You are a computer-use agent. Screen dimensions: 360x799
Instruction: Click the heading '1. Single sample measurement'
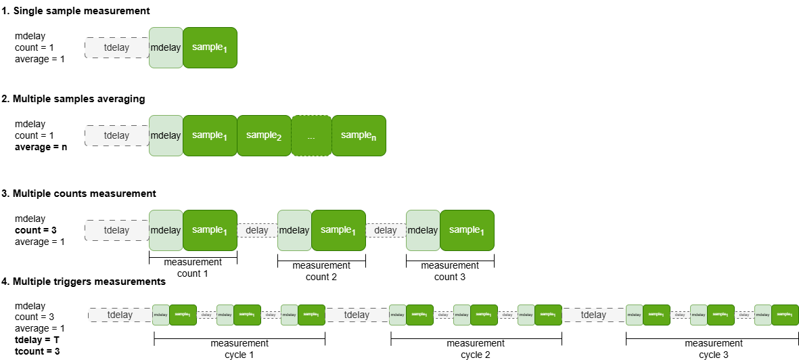tap(76, 12)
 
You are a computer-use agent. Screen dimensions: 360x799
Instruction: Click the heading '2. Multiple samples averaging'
tap(73, 99)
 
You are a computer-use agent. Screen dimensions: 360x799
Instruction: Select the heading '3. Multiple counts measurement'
tap(78, 194)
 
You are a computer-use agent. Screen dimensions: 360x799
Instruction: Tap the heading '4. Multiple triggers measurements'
tap(83, 281)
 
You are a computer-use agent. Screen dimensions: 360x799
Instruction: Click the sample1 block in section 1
tap(210, 47)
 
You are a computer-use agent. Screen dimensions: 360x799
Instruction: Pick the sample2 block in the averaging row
tap(264, 135)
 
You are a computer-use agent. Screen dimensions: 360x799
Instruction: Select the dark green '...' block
tap(311, 136)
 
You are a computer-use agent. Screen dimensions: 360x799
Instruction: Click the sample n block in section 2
tap(359, 135)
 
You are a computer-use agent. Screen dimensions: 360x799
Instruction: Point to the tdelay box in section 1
tap(116, 47)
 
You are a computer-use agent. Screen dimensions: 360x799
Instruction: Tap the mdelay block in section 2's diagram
tap(165, 135)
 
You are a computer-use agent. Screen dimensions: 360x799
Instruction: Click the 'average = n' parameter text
tap(40, 147)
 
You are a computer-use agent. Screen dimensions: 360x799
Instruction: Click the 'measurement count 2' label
tap(321, 271)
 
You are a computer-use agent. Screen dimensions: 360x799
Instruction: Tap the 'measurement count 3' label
tap(450, 271)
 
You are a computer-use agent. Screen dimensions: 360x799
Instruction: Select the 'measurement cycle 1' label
tap(239, 348)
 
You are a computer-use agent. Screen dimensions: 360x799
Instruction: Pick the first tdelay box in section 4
tap(120, 315)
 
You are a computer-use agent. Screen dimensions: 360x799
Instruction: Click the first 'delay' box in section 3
tap(257, 230)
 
